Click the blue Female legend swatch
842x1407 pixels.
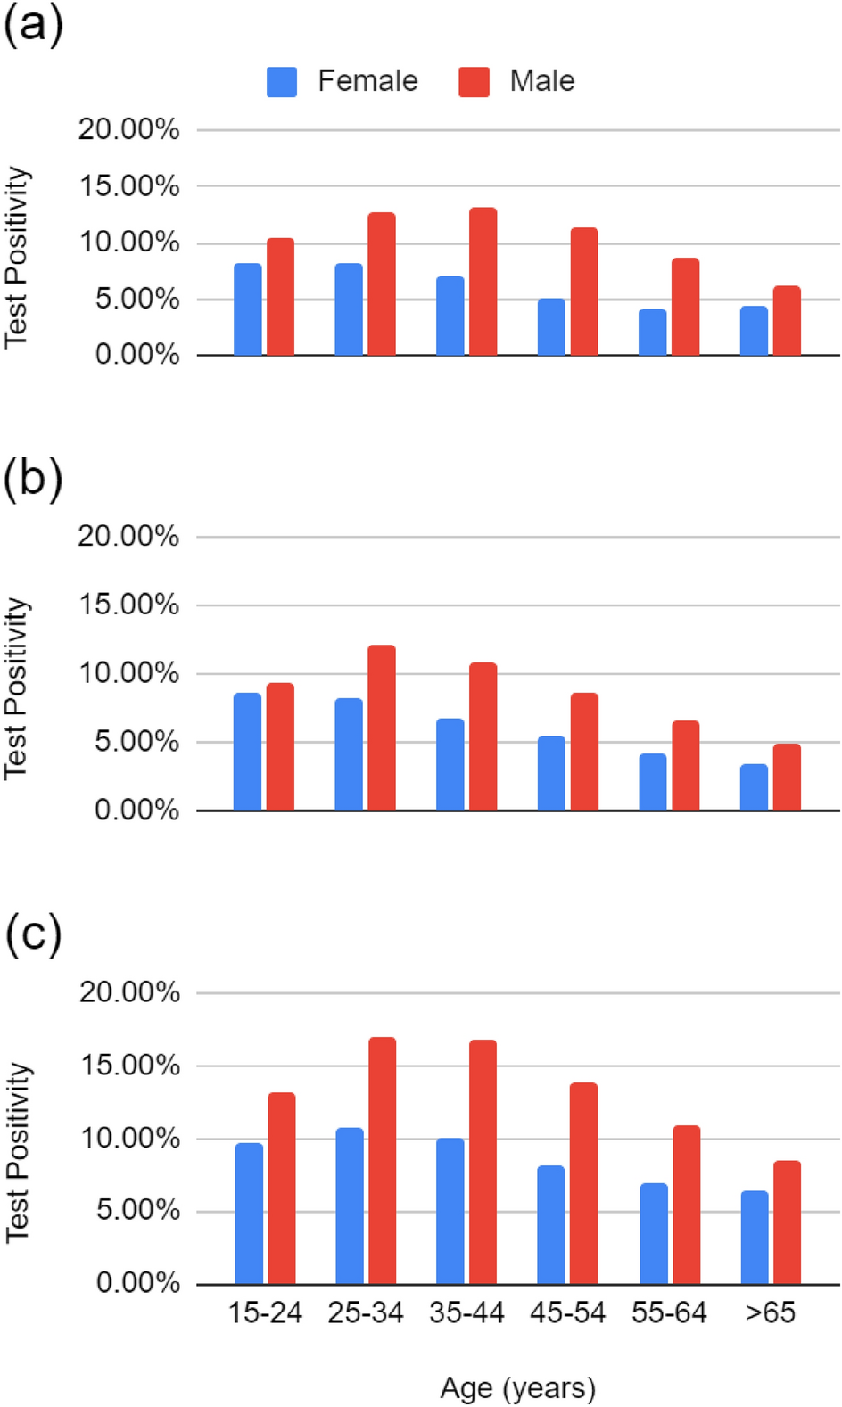point(282,82)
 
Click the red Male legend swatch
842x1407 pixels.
point(474,82)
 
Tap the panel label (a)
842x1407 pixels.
point(34,25)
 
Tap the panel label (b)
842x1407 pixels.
point(34,480)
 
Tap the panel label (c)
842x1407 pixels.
point(34,934)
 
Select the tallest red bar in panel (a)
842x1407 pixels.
point(483,282)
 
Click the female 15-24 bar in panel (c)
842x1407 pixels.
point(249,1214)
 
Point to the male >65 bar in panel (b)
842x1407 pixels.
point(787,778)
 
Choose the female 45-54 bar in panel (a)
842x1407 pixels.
point(551,327)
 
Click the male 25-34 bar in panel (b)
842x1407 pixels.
point(382,728)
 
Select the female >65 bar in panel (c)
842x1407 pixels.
point(755,1238)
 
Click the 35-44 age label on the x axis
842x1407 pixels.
point(466,1312)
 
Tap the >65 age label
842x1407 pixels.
point(771,1312)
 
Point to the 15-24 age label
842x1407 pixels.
point(265,1312)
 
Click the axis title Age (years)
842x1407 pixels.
point(517,1388)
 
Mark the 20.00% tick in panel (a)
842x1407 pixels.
point(128,130)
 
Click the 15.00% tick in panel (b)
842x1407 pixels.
point(128,605)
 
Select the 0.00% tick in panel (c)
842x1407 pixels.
point(137,1284)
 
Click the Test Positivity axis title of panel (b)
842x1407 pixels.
point(16,688)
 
